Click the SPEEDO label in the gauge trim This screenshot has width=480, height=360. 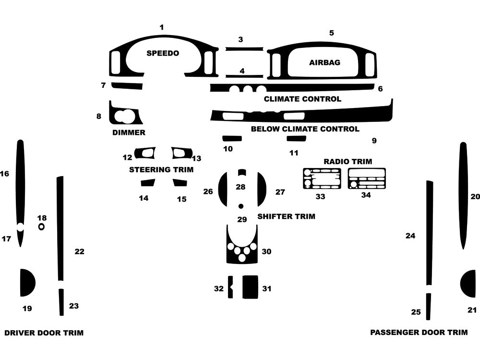click(162, 53)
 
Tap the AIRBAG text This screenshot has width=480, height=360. click(324, 62)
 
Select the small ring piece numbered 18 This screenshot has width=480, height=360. click(42, 227)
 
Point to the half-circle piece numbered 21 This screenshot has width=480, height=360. click(469, 284)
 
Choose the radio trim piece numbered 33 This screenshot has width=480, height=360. click(321, 179)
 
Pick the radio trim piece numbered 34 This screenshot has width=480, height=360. click(367, 178)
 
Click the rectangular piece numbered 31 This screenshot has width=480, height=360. click(250, 287)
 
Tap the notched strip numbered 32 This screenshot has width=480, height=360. click(230, 287)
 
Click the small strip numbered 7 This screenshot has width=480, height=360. click(127, 86)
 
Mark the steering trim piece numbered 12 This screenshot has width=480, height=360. click(145, 153)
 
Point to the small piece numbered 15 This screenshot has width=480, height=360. click(180, 182)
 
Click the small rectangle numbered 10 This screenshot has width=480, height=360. click(232, 139)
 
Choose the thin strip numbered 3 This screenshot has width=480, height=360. click(244, 49)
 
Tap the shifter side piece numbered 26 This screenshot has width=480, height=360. click(223, 189)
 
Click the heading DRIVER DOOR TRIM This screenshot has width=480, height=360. click(44, 333)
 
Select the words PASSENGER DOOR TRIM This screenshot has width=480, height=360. click(419, 332)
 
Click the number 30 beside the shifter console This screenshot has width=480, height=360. click(266, 252)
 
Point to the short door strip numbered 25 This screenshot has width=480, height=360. click(428, 306)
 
